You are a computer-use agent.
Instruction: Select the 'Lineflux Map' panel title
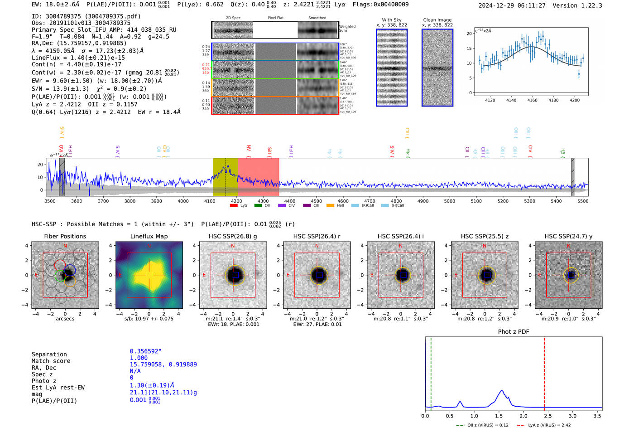point(149,236)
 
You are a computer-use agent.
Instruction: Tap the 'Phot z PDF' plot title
point(514,332)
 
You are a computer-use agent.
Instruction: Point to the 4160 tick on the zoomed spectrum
point(532,100)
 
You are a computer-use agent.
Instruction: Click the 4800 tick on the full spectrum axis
point(396,201)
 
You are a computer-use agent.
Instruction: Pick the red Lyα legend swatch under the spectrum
point(234,206)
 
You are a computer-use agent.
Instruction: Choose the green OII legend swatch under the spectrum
point(258,206)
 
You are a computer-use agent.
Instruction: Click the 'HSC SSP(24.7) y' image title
point(568,236)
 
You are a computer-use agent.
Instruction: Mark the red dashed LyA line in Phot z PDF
point(544,372)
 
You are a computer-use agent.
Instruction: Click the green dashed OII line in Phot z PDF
point(431,372)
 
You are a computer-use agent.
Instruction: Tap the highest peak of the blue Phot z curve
point(501,390)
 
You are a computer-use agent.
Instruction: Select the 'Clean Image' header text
point(437,20)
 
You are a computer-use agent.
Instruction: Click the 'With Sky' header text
point(391,20)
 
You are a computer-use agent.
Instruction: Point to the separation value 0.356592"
point(145,351)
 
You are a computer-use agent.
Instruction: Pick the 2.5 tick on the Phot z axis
point(548,416)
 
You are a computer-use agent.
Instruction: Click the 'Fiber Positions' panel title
point(65,236)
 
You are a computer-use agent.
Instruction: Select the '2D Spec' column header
point(233,18)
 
